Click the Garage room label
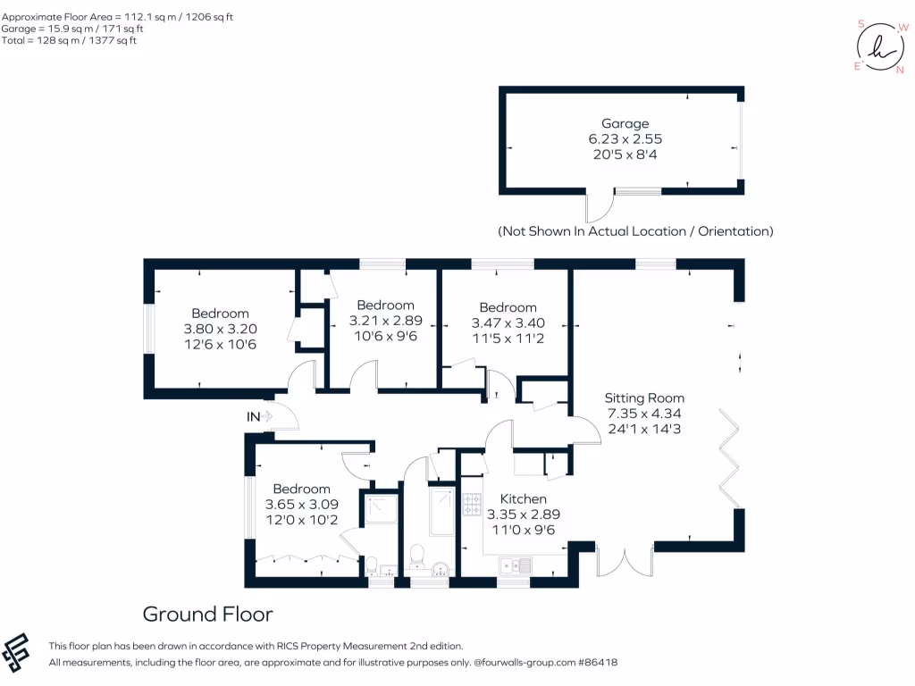point(625,123)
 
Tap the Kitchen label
point(523,498)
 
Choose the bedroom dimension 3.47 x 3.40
point(508,322)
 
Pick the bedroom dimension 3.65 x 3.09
point(301,504)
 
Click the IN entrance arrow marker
point(267,416)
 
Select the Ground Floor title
point(207,614)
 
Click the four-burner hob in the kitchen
point(472,505)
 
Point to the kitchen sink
point(516,565)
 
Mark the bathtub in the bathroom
point(441,511)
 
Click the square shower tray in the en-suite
point(379,511)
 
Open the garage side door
point(596,207)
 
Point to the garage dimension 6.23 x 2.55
point(625,138)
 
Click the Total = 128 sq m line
point(69,41)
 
